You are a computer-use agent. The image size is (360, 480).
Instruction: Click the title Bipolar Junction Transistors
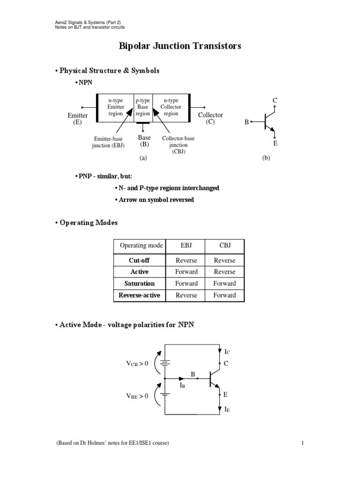click(x=180, y=46)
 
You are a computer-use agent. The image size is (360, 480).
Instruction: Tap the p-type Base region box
click(x=142, y=107)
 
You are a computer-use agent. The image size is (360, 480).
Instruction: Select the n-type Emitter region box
click(x=115, y=107)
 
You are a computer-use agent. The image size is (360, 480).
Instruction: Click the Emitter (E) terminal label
click(x=78, y=119)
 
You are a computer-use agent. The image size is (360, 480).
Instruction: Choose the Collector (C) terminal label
click(x=210, y=118)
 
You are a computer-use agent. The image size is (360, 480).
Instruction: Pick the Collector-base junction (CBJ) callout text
click(x=178, y=145)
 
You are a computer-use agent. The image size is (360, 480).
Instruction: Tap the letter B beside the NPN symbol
click(x=247, y=122)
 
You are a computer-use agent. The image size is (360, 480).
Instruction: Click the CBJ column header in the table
click(x=225, y=245)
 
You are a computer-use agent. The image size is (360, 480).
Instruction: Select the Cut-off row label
click(x=139, y=260)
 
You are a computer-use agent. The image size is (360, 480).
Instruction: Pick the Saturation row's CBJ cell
click(x=225, y=283)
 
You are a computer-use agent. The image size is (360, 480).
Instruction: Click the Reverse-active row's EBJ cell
click(x=186, y=295)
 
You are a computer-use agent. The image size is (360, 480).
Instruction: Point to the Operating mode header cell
click(x=141, y=245)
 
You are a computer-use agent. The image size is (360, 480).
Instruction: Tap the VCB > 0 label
click(x=137, y=363)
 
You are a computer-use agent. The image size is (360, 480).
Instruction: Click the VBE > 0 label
click(x=137, y=396)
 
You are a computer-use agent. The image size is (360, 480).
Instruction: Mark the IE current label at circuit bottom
click(x=227, y=409)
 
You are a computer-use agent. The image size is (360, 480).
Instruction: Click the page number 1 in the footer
click(x=303, y=442)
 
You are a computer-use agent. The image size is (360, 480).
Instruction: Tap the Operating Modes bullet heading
click(x=86, y=223)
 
